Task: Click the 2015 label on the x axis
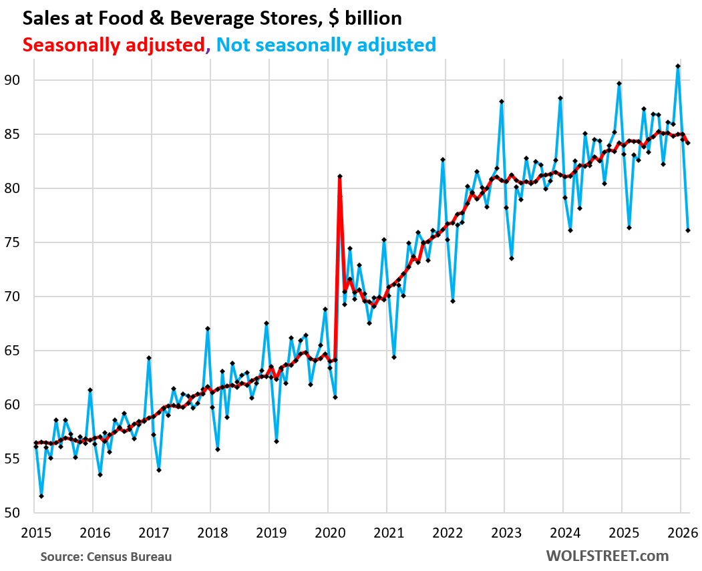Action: pyautogui.click(x=33, y=532)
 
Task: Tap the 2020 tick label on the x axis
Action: pyautogui.click(x=327, y=532)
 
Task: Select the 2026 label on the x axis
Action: pyautogui.click(x=680, y=532)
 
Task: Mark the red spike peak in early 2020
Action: pyautogui.click(x=340, y=176)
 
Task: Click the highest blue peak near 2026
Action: pyautogui.click(x=678, y=66)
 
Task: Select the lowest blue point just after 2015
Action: pyautogui.click(x=41, y=496)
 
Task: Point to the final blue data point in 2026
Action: pyautogui.click(x=688, y=230)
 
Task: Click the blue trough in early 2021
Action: pyautogui.click(x=394, y=357)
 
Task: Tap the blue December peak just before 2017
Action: pyautogui.click(x=149, y=358)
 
